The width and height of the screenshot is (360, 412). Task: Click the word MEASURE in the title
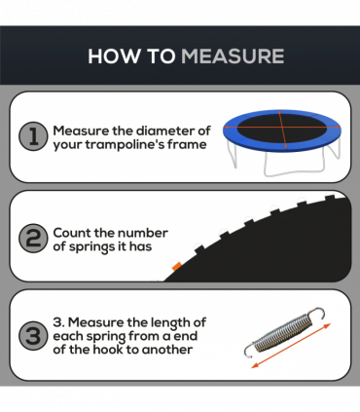[x=233, y=56]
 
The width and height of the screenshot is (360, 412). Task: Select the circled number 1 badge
[x=33, y=136]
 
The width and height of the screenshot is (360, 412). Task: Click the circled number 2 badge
[x=33, y=239]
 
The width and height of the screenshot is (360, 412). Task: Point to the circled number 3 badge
[x=33, y=336]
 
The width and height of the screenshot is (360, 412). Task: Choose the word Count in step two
[x=71, y=233]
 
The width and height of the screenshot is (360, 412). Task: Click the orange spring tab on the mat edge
[x=176, y=267]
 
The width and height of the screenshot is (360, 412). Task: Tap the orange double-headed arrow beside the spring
[x=291, y=346]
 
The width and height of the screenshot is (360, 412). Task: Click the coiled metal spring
[x=283, y=333]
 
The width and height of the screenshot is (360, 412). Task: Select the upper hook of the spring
[x=316, y=314]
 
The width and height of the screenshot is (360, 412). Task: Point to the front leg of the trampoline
[x=295, y=165]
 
